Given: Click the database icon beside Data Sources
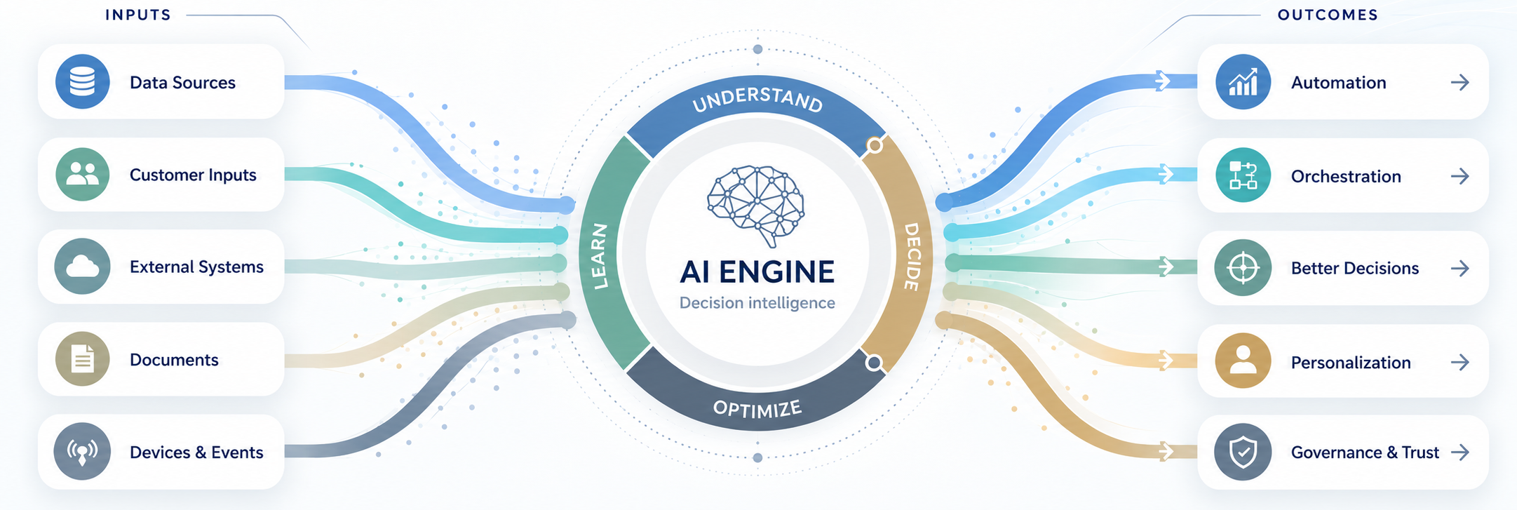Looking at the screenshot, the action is coord(82,82).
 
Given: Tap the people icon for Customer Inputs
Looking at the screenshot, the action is coord(82,175).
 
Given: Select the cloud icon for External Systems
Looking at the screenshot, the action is coord(82,267).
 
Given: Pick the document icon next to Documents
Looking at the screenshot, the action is coord(82,359).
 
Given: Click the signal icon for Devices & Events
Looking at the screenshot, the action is coord(82,452).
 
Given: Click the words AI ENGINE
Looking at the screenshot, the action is coord(757,272).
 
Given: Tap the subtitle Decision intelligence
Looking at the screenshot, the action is coord(757,303).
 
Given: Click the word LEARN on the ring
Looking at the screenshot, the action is coord(599,257).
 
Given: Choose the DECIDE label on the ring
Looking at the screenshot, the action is coord(911,257).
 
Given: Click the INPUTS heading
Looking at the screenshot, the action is coord(138,15).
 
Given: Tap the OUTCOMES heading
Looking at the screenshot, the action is coord(1328,15).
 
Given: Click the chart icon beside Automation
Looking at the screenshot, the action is coord(1243,82).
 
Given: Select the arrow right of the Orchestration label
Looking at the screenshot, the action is coord(1460,176).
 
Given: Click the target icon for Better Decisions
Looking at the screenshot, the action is coord(1243,268).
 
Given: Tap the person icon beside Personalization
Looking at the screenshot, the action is coord(1243,361).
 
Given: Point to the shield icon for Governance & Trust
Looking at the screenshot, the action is coord(1243,452).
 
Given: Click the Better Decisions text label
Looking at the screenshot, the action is coord(1355,268).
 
